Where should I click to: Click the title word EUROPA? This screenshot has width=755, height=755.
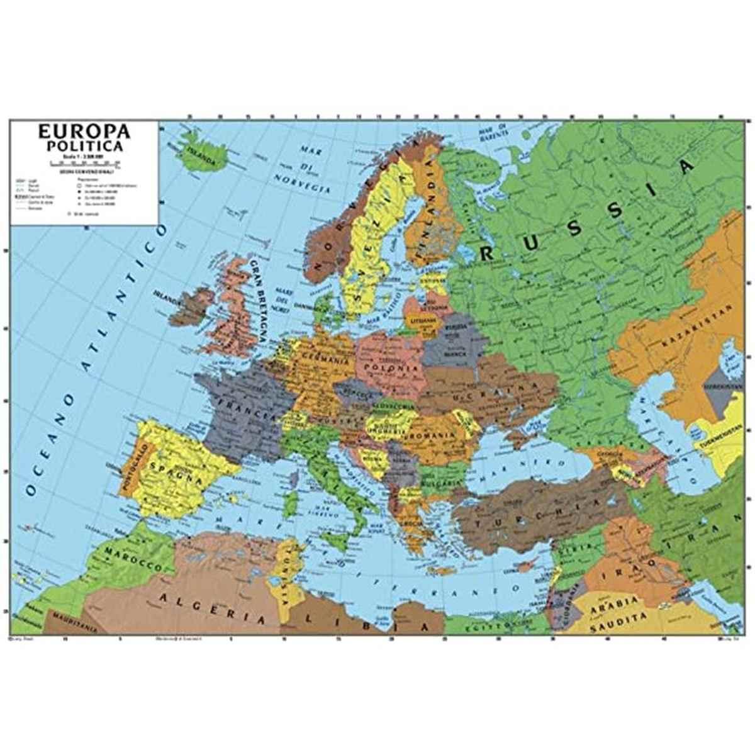coord(84,132)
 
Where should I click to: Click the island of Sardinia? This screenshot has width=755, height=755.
coord(291,503)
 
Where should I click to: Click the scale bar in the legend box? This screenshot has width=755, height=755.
coord(84,162)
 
